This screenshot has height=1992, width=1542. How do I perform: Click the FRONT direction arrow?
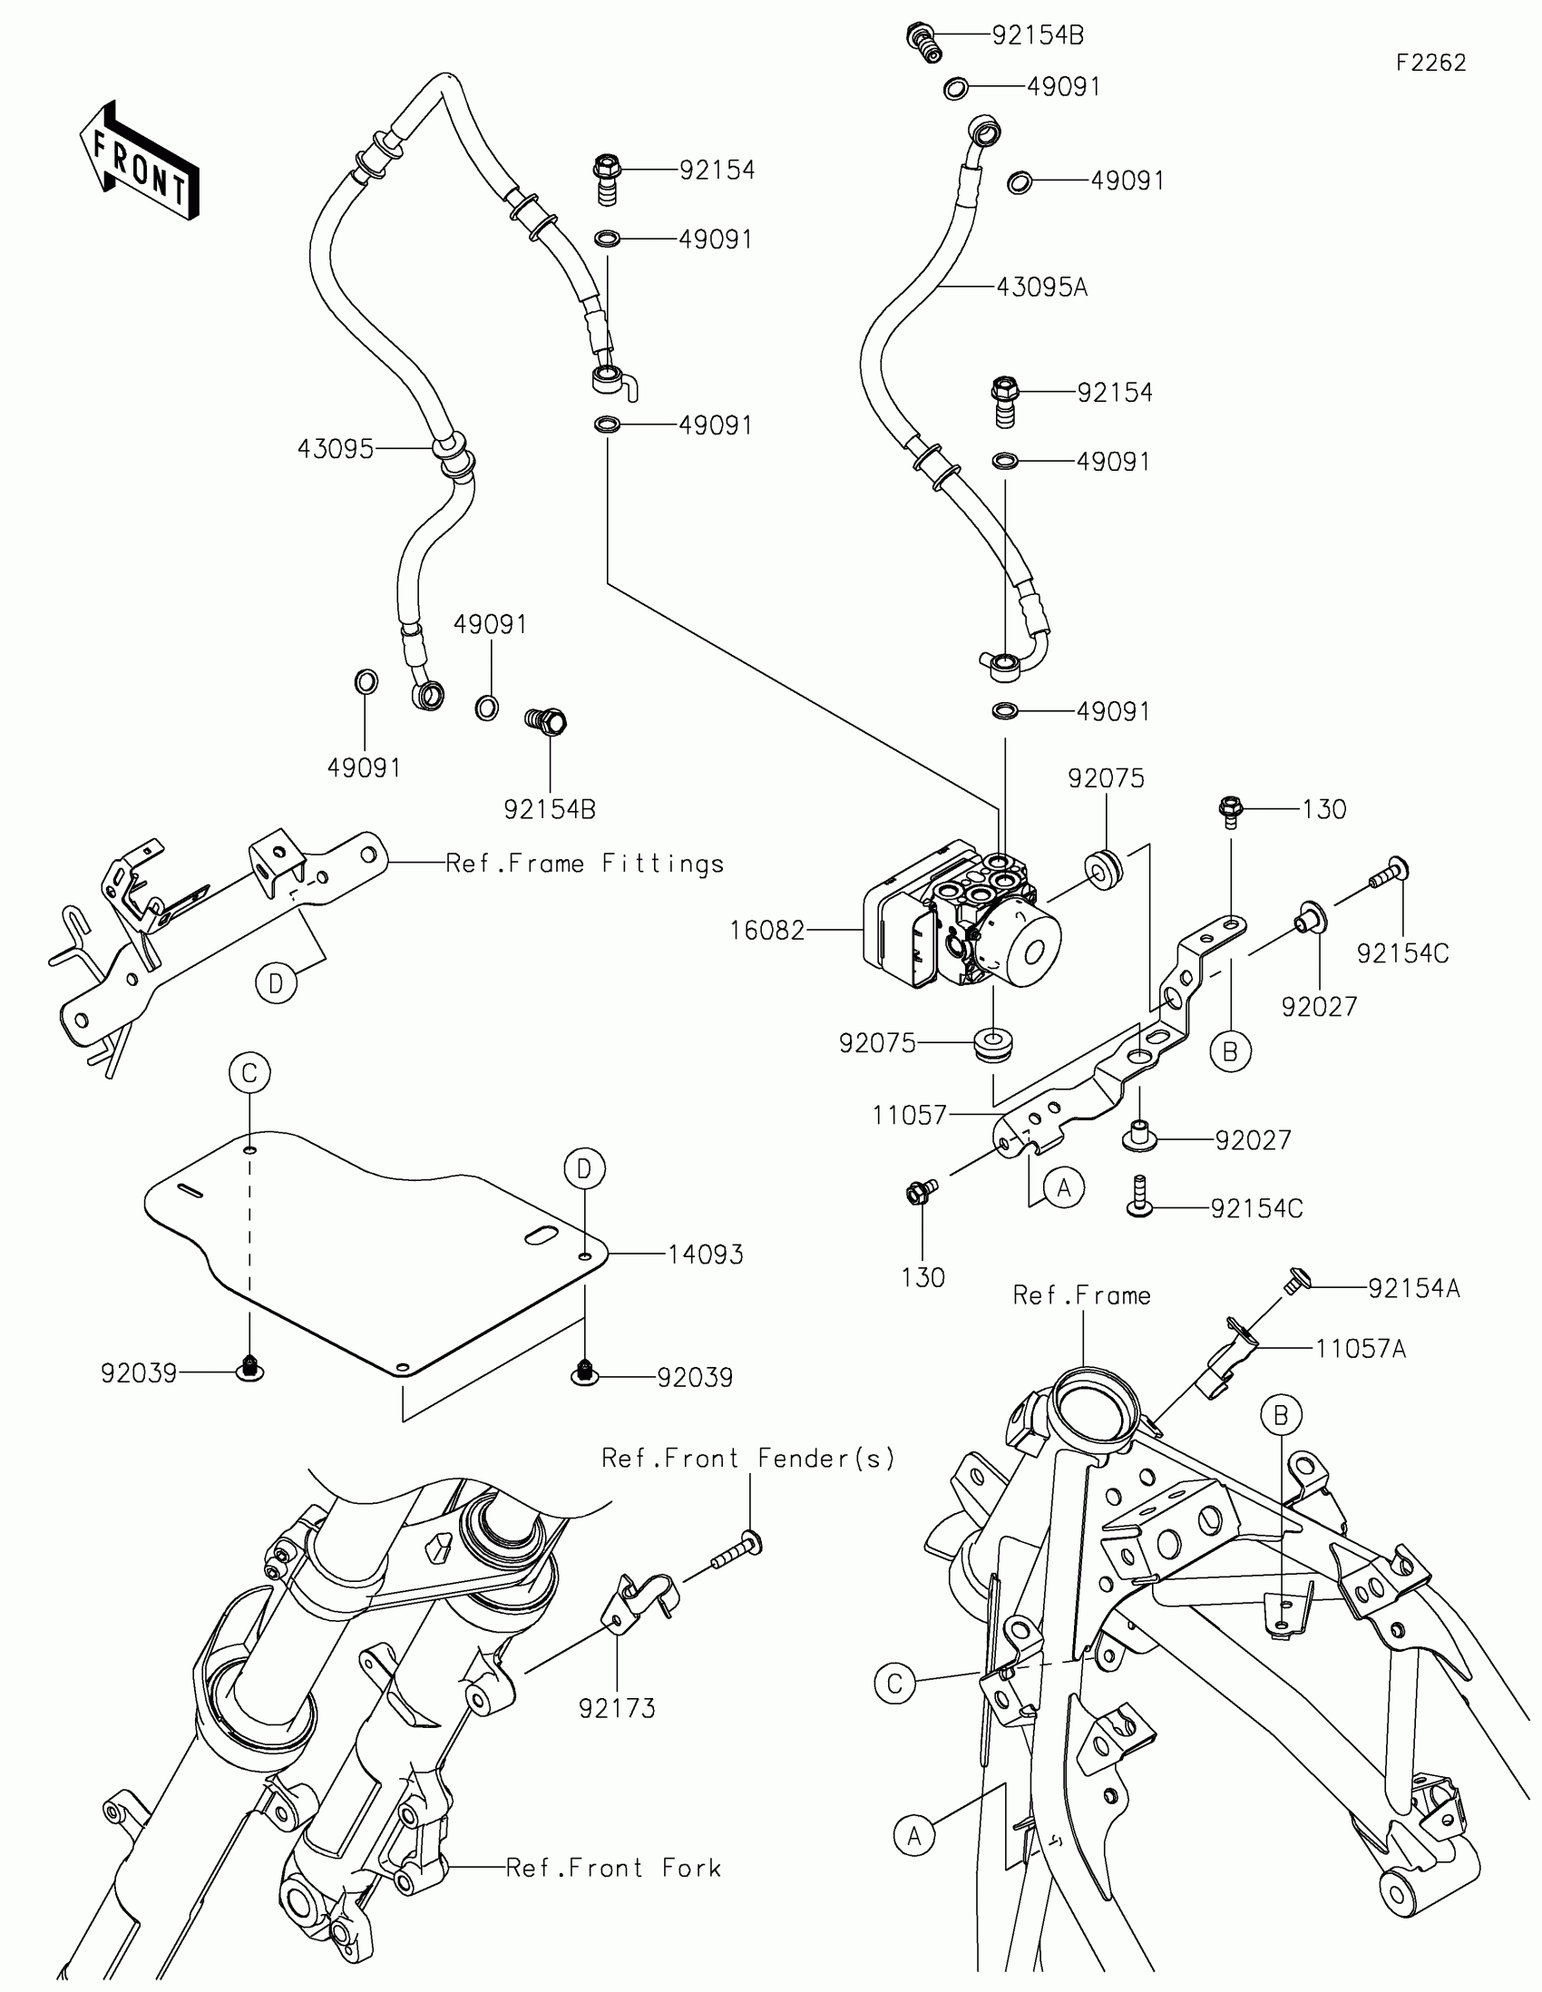click(139, 162)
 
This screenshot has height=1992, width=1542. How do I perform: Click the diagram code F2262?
click(1430, 63)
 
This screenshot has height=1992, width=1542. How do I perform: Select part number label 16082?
click(766, 931)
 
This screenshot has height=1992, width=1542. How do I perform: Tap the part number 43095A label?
click(1041, 288)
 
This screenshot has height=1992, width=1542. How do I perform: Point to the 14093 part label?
click(705, 1255)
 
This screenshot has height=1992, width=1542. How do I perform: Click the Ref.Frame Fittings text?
click(584, 863)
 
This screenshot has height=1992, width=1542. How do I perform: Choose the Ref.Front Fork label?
click(613, 1868)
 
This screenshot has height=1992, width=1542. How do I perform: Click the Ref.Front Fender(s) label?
click(747, 1459)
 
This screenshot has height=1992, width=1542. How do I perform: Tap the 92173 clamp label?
click(618, 1708)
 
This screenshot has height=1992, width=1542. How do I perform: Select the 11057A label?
click(1360, 1349)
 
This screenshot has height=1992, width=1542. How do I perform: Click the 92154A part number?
click(1413, 1288)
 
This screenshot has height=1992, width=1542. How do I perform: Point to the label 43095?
click(335, 449)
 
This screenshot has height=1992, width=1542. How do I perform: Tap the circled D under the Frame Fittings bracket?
click(277, 983)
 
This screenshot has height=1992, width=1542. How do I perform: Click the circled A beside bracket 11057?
click(1063, 1187)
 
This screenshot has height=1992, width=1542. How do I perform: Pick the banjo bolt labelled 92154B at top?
click(924, 41)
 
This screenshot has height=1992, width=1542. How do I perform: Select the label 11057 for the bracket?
click(909, 1115)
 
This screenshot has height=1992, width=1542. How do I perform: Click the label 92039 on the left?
click(139, 1372)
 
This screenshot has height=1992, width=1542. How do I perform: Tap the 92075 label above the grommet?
click(1105, 778)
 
